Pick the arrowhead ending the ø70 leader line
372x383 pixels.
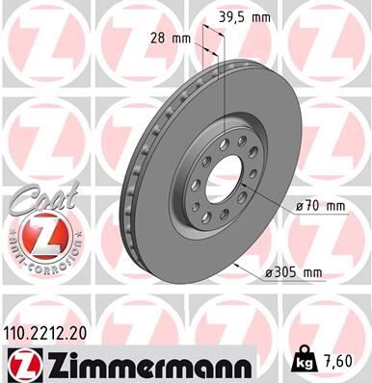click(262, 200)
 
